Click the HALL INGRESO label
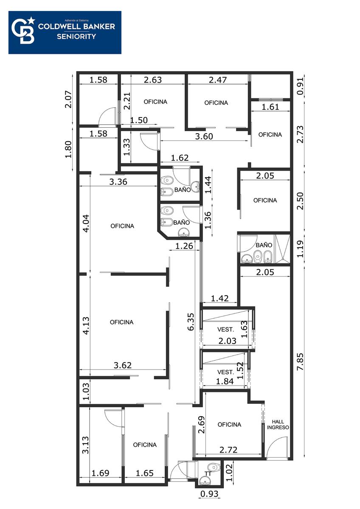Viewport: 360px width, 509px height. click(278, 425)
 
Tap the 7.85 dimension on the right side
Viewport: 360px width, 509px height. click(300, 361)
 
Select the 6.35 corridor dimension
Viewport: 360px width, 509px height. click(191, 322)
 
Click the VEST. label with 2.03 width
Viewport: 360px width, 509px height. click(225, 329)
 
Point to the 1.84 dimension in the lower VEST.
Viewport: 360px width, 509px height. click(225, 381)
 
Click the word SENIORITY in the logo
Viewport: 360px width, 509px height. click(76, 36)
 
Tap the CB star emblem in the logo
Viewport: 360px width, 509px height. click(23, 31)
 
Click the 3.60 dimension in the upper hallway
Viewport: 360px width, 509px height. click(204, 136)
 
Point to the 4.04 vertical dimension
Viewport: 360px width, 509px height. click(86, 224)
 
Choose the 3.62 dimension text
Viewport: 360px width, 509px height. click(123, 365)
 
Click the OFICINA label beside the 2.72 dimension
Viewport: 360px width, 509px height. click(229, 425)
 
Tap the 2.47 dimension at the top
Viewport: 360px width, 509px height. click(218, 80)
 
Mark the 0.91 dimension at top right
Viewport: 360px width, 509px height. click(300, 86)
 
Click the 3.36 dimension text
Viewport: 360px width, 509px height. click(118, 182)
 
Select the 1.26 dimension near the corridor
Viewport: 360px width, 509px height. click(184, 246)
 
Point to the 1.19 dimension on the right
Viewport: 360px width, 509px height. click(300, 249)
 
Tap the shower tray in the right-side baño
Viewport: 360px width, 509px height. click(283, 249)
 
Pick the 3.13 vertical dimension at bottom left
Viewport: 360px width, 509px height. click(85, 445)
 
